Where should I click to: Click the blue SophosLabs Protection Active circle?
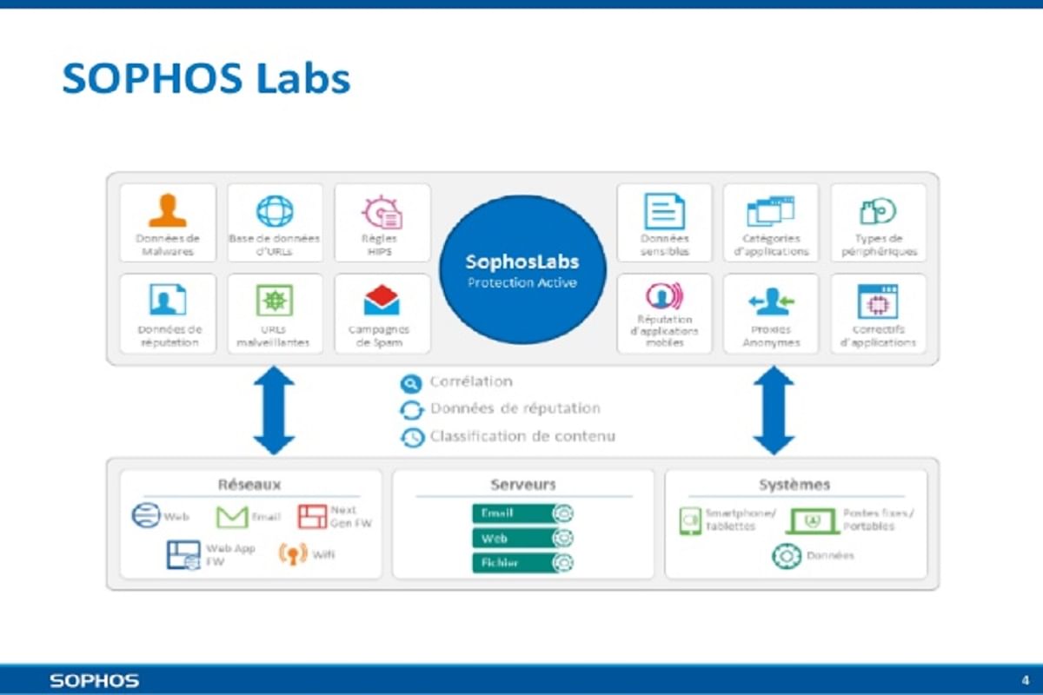(x=521, y=268)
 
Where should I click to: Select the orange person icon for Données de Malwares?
(x=167, y=211)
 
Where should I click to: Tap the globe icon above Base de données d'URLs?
(x=275, y=211)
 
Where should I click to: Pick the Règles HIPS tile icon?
(x=382, y=212)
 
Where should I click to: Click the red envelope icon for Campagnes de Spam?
(x=382, y=301)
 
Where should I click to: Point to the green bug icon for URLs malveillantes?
(x=275, y=301)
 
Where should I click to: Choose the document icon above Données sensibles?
(x=664, y=211)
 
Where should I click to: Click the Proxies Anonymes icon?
(x=771, y=301)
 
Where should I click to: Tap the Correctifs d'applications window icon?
(x=878, y=301)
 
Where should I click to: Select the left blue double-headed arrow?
(x=274, y=410)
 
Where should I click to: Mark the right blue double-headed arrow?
(x=773, y=410)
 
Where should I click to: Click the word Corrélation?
(x=471, y=382)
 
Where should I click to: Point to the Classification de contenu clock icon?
(x=411, y=438)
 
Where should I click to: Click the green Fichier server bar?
(x=514, y=563)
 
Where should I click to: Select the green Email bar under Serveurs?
(x=514, y=513)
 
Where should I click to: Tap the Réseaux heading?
(x=250, y=485)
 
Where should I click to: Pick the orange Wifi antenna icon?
(x=293, y=553)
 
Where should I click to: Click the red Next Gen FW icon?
(x=311, y=517)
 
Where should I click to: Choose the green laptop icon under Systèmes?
(x=812, y=520)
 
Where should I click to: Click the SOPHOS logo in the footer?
(x=94, y=680)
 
